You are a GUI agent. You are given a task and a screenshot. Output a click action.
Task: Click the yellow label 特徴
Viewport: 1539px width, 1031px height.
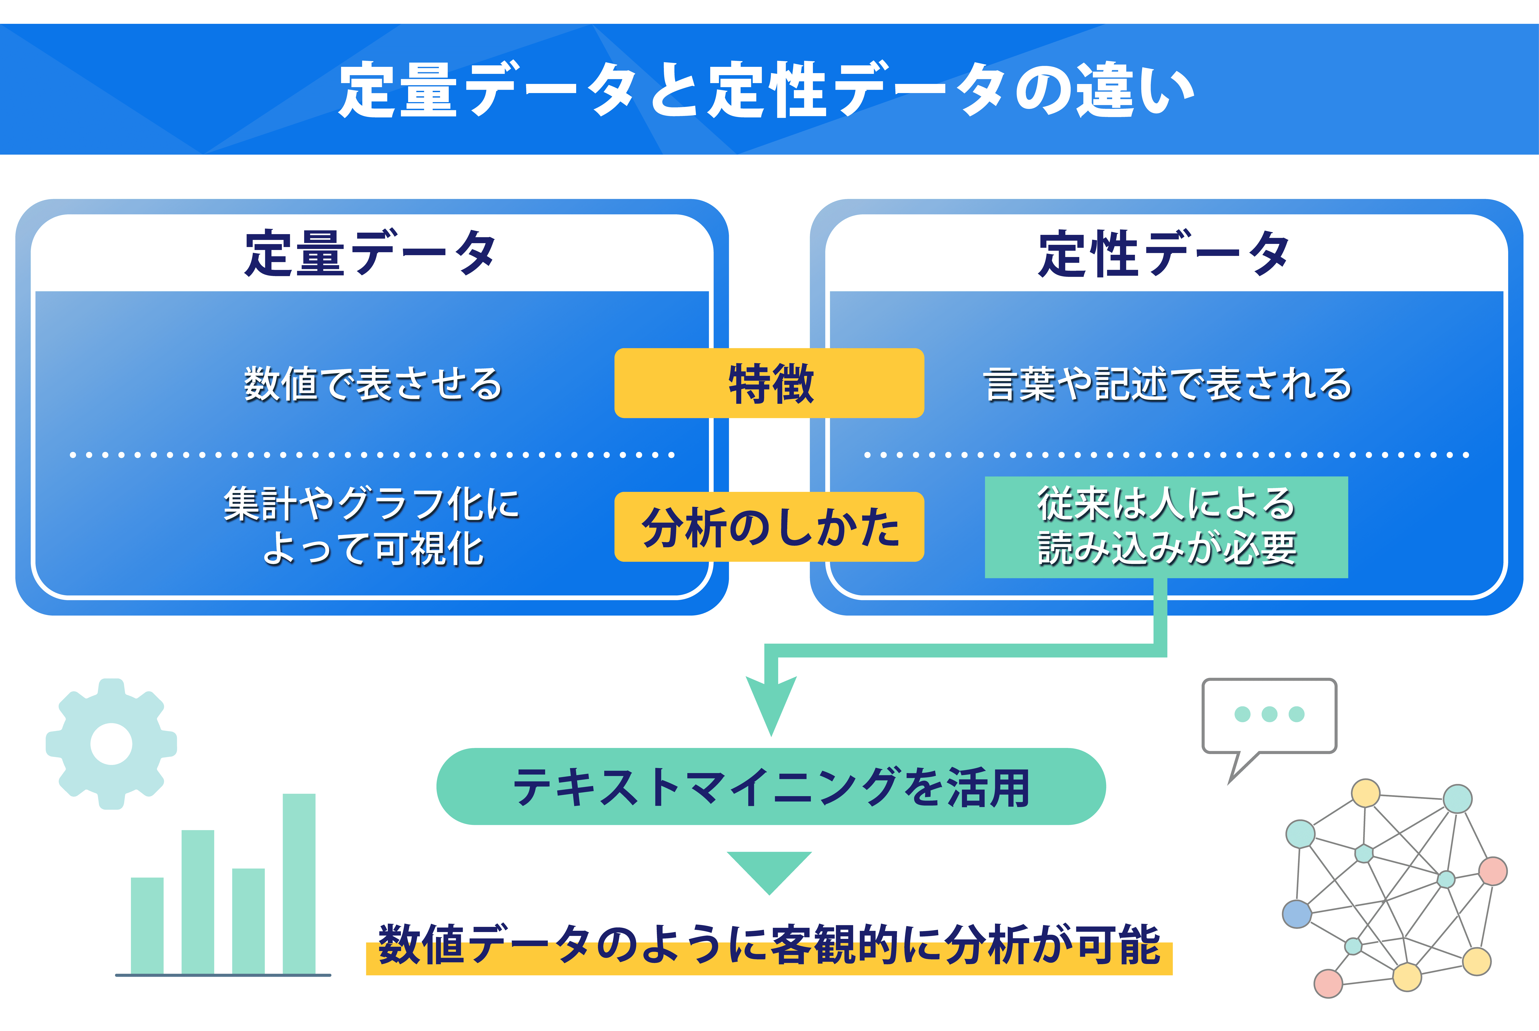(769, 383)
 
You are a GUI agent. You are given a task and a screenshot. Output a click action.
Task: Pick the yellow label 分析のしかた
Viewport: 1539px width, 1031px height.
(769, 527)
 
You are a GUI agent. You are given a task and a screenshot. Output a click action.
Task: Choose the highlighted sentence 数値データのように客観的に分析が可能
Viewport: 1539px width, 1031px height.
(769, 945)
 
